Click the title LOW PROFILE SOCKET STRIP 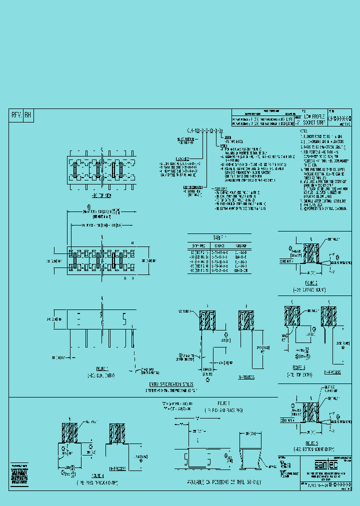[314, 119]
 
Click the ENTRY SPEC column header [198, 246]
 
